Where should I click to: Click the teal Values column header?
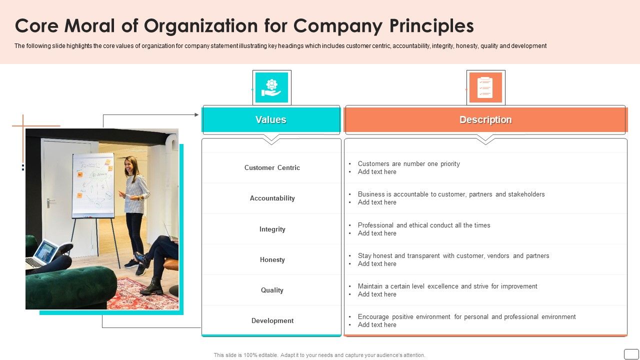[x=271, y=120]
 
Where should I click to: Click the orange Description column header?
[x=485, y=120]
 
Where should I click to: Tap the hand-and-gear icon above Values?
[x=271, y=87]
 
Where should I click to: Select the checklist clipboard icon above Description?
[x=485, y=87]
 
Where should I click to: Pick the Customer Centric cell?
[x=272, y=168]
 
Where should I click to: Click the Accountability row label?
[x=272, y=198]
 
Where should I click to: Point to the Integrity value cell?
[x=272, y=229]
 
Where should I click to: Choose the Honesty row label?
[x=272, y=260]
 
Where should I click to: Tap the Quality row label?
[x=272, y=290]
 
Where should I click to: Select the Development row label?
[x=272, y=321]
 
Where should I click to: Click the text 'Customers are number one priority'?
[x=408, y=164]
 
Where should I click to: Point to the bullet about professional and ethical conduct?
[x=424, y=225]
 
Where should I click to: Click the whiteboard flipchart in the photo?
[x=93, y=185]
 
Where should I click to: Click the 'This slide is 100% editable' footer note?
[x=319, y=355]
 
